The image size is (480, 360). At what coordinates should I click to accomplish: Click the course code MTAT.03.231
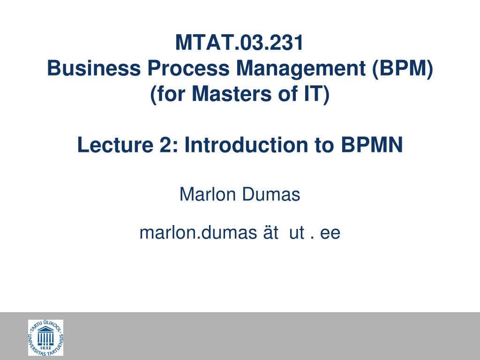click(240, 44)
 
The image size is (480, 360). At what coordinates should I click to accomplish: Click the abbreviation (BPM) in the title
click(403, 69)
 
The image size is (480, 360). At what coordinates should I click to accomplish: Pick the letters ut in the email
click(297, 233)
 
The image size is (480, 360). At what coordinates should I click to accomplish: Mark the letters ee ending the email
click(330, 233)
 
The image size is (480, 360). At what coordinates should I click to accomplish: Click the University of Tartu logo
click(45, 337)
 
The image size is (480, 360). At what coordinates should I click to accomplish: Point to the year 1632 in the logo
click(45, 348)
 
